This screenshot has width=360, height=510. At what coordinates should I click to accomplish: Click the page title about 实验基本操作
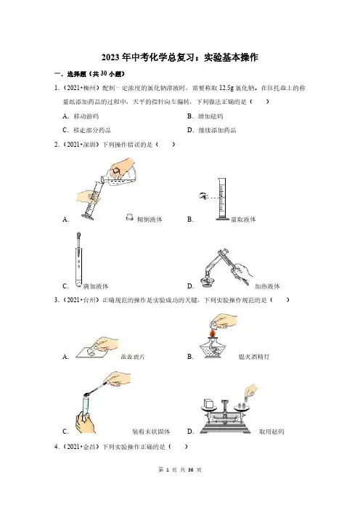(x=180, y=57)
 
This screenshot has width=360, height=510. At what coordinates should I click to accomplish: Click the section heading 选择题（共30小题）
(x=90, y=74)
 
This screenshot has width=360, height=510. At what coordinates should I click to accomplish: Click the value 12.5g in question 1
(x=226, y=88)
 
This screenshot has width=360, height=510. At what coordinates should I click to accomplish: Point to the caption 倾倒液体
(x=150, y=219)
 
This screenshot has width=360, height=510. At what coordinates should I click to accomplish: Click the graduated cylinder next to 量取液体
(x=221, y=199)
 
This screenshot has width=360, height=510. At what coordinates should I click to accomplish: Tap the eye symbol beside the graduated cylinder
(x=203, y=196)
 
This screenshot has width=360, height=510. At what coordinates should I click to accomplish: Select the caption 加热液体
(x=267, y=286)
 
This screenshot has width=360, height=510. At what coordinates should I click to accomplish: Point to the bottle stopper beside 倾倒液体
(x=130, y=217)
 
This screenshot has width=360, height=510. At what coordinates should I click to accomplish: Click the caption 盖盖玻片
(x=134, y=357)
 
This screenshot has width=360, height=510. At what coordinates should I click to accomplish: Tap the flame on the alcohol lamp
(x=213, y=333)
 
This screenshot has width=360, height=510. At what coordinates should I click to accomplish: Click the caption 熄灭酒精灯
(x=254, y=357)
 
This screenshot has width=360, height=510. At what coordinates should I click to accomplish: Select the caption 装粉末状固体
(x=151, y=432)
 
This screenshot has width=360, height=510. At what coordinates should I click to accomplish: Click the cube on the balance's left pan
(x=208, y=404)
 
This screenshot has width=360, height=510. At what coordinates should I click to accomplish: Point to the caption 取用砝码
(x=271, y=432)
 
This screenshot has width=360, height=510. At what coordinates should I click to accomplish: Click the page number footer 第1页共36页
(x=180, y=469)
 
